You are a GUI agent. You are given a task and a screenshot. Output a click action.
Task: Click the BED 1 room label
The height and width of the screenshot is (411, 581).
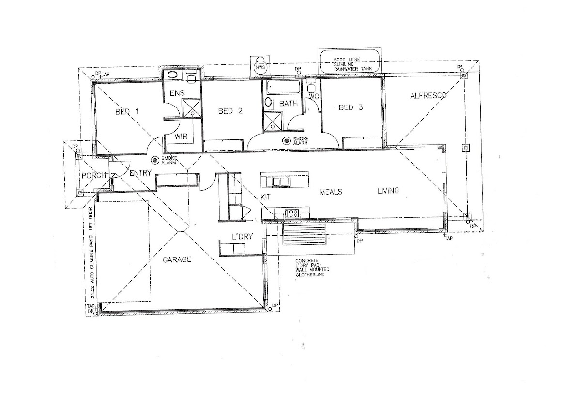pos(127,112)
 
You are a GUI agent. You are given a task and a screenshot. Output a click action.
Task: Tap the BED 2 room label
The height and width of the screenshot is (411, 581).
pos(230,111)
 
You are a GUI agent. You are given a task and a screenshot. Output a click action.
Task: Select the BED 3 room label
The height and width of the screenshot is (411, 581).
pos(351,107)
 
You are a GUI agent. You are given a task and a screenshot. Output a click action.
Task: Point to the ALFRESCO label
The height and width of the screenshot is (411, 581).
pos(428,96)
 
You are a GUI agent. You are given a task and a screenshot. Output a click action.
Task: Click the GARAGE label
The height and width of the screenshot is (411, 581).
pos(177,259)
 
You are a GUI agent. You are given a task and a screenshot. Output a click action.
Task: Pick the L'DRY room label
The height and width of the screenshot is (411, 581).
pos(242,237)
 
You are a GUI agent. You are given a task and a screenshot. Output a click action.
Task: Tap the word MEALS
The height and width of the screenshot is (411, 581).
pos(331,192)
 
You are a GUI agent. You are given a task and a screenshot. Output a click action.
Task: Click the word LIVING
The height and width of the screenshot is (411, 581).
pos(388,191)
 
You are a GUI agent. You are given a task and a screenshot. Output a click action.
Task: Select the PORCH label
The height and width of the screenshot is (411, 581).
pos(94,176)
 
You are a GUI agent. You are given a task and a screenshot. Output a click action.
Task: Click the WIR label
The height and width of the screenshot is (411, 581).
pos(181,137)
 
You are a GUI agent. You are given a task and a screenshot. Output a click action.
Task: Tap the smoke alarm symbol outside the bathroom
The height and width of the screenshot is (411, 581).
pos(286,141)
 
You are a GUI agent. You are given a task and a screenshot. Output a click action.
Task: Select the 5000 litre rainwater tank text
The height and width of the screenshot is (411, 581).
pos(353,64)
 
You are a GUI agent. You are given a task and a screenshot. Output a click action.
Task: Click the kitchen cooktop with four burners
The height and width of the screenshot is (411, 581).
pos(292,213)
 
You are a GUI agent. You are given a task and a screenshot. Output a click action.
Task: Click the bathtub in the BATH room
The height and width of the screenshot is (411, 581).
pos(284,87)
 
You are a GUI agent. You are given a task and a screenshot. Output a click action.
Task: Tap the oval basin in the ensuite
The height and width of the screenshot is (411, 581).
pos(172,75)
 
